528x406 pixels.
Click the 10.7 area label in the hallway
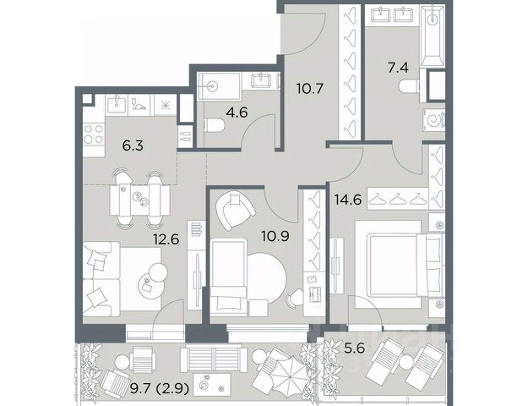coord(310,89)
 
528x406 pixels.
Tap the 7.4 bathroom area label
coord(398,68)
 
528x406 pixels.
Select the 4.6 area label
coord(237,112)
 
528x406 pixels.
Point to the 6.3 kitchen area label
coord(133,146)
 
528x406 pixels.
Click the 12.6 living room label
coord(166,239)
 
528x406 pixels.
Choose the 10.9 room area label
coord(275,236)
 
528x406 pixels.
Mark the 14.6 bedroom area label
coord(348,200)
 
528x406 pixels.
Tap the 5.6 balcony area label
coord(355,348)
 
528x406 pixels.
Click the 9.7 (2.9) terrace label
coord(160,389)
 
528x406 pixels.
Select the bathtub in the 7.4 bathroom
coord(433,36)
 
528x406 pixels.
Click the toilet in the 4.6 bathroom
coord(215,125)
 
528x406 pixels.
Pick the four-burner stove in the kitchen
coord(94,134)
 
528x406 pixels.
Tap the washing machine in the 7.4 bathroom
coord(434,120)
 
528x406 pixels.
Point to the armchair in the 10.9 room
coord(235,210)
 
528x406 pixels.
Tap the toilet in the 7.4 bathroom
coord(410,86)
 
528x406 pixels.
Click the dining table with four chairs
coord(139,200)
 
